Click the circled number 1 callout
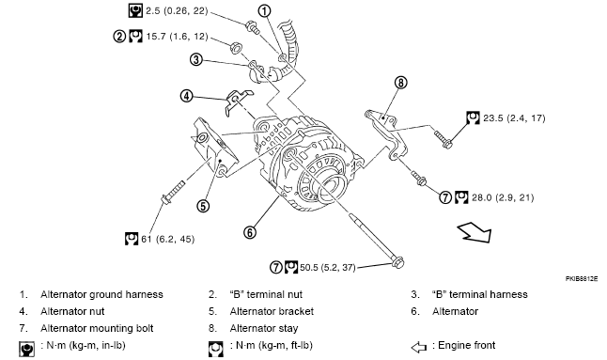click(x=264, y=11)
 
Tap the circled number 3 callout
click(x=196, y=59)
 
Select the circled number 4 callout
click(x=187, y=96)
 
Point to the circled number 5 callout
click(x=203, y=206)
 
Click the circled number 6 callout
click(x=250, y=232)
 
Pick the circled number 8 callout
click(x=400, y=83)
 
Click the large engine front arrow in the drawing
click(x=475, y=233)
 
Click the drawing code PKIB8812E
click(x=581, y=278)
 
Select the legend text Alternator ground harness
click(x=101, y=294)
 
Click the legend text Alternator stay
click(x=264, y=328)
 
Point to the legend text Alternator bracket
click(x=272, y=311)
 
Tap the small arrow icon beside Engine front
click(x=418, y=347)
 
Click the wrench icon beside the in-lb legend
click(x=26, y=349)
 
